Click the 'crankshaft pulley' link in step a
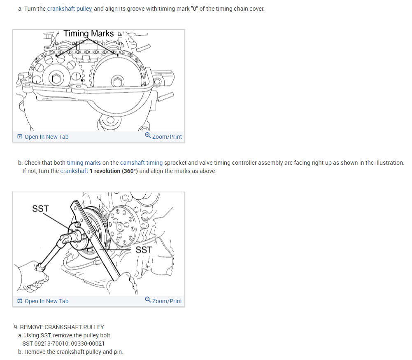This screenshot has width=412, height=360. point(70,9)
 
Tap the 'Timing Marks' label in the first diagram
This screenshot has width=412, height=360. point(88,33)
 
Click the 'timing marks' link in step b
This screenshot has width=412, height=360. point(84,163)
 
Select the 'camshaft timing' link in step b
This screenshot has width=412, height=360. point(141,163)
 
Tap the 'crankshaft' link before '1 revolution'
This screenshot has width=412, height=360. point(74,171)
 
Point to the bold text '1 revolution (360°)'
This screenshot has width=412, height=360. point(114,171)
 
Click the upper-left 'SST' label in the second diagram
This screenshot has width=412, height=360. point(40,208)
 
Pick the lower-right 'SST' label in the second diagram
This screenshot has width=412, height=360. point(144,250)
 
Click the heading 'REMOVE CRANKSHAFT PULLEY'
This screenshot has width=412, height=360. point(62,327)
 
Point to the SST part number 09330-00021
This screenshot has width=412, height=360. point(88,344)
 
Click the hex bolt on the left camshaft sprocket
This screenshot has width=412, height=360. point(56,78)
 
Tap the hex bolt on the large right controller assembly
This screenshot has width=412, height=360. point(117,81)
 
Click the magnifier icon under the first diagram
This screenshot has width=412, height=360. point(148,136)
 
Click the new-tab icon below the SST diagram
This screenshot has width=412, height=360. point(20,301)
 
